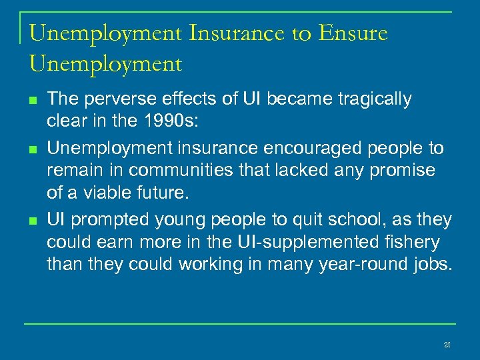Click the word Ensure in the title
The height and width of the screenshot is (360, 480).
(353, 33)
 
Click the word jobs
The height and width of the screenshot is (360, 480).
(431, 265)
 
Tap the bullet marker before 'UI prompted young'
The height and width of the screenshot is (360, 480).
(33, 220)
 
